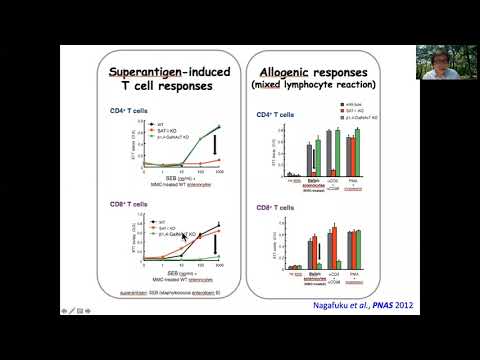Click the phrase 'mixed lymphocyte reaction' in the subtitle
point(321,90)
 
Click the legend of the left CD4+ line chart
point(143,128)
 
